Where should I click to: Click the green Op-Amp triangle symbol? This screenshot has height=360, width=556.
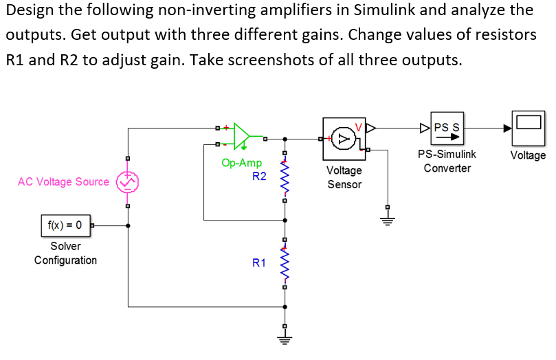click(243, 136)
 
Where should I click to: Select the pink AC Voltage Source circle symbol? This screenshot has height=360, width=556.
click(127, 182)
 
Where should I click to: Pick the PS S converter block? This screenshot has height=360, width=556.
click(447, 128)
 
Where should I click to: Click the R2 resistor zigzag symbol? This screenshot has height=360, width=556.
click(285, 177)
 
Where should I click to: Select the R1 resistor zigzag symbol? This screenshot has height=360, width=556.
click(285, 262)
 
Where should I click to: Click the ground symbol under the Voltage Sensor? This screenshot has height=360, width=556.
click(387, 219)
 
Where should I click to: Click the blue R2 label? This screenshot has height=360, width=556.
click(259, 177)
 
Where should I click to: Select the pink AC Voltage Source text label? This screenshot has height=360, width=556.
click(63, 182)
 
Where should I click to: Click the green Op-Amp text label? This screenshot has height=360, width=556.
click(241, 163)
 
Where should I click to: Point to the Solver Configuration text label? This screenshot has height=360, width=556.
click(65, 253)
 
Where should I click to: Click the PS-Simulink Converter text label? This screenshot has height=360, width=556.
click(447, 161)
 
